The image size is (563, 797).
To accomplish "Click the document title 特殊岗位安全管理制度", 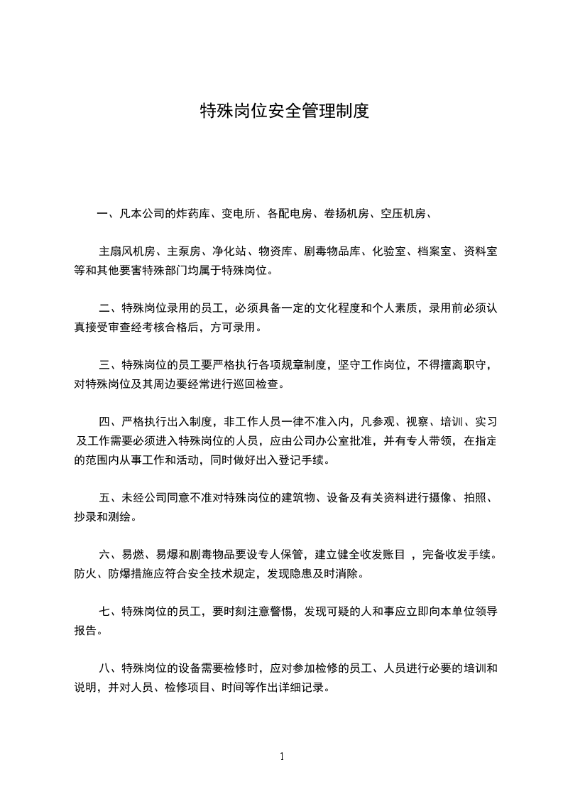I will (x=284, y=112).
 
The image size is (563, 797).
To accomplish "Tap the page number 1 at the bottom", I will (x=282, y=757).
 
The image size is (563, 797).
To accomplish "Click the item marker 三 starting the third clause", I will (x=104, y=366).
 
